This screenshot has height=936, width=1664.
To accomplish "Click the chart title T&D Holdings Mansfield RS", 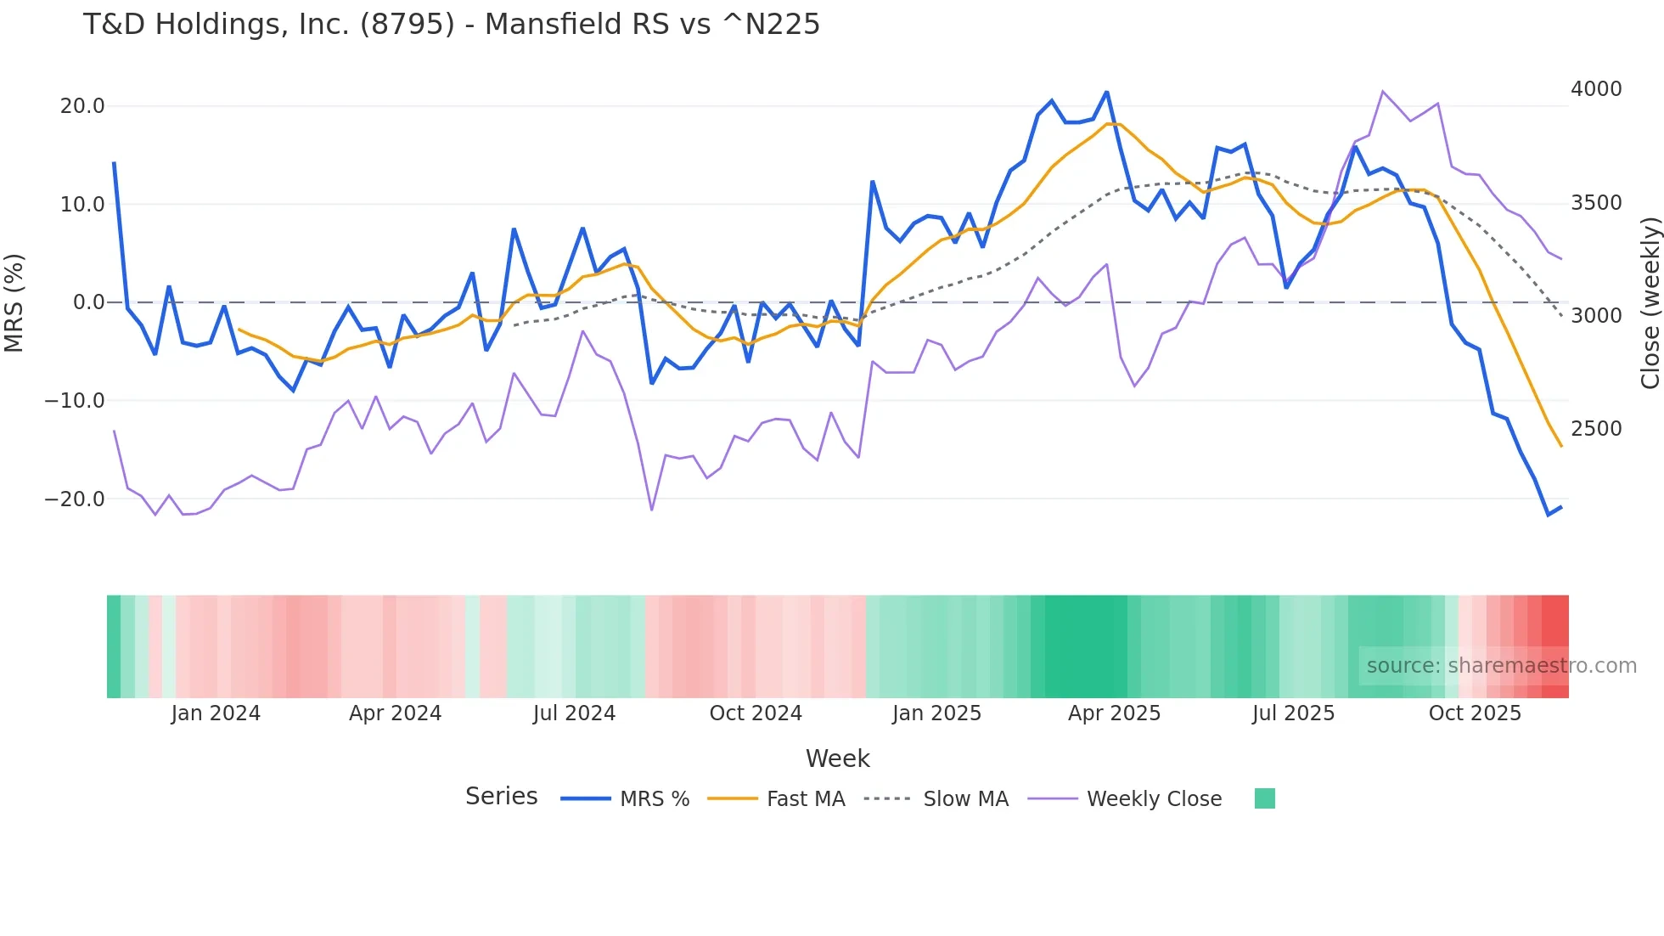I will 451,25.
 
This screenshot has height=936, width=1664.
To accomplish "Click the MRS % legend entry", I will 654,799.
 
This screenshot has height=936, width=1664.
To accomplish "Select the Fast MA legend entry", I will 805,799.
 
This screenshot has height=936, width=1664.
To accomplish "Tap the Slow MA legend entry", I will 965,799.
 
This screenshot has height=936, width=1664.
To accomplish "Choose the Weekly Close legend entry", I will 1154,799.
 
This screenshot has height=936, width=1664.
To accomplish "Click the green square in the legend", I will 1264,798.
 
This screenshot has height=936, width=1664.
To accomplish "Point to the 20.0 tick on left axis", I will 82,106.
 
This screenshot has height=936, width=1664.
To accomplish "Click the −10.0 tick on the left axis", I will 75,400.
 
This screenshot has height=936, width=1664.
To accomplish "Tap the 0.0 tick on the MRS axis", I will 88,302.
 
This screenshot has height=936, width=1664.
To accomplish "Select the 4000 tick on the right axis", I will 1596,89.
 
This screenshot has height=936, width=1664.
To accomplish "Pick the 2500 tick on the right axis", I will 1596,429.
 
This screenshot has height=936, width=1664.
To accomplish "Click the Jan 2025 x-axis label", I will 936,713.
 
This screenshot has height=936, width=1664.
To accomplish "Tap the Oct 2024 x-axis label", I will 756,713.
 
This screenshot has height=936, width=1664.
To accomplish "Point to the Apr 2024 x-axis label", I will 395,713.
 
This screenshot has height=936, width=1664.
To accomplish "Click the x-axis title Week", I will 837,758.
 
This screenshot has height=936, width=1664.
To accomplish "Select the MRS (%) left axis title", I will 14,302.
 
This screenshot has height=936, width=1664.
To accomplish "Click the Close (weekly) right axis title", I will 1650,302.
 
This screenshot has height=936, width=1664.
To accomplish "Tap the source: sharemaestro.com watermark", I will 1501,666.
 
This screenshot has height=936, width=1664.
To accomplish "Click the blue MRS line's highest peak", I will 1106,92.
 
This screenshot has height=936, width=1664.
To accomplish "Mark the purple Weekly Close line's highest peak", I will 1383,91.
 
